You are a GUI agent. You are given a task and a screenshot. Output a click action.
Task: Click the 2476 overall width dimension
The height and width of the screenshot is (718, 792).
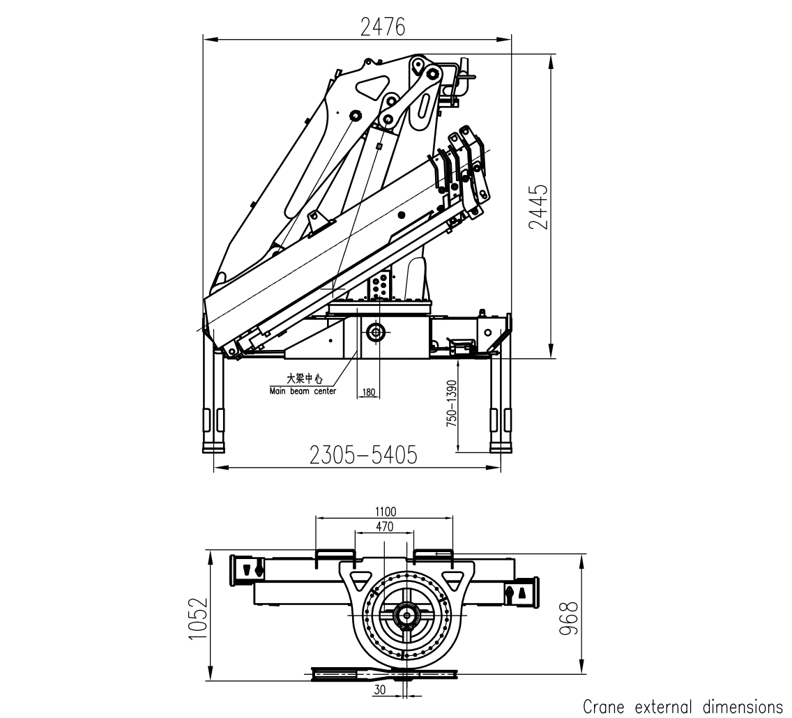click(382, 27)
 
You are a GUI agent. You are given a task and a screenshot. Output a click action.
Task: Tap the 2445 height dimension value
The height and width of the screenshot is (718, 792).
click(538, 206)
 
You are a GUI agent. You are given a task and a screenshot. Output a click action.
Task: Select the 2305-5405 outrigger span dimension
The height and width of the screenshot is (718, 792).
click(363, 455)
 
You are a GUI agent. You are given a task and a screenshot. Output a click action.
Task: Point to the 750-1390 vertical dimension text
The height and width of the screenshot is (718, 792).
click(452, 404)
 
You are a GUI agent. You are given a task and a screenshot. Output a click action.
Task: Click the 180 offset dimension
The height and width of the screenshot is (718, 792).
click(369, 392)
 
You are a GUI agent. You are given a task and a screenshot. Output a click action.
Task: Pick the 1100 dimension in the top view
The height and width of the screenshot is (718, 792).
click(386, 512)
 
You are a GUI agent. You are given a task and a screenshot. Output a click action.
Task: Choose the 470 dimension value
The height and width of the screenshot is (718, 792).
click(384, 526)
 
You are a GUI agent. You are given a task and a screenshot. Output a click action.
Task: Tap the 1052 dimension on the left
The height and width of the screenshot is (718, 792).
click(198, 618)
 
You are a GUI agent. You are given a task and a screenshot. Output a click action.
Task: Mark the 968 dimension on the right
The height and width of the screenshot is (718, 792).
click(569, 618)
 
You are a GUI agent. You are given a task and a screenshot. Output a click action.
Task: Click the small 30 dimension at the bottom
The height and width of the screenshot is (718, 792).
click(380, 689)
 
